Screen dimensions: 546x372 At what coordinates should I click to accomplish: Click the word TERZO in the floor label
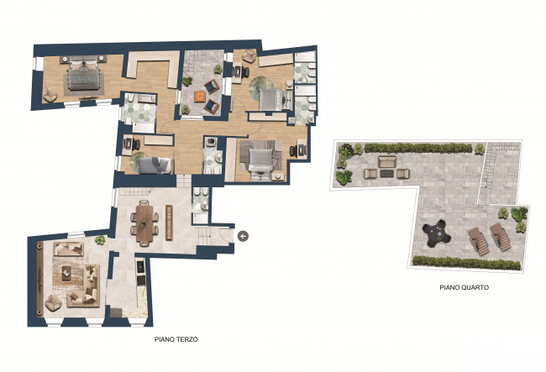[187, 339]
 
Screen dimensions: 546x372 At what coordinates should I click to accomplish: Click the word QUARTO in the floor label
[475, 287]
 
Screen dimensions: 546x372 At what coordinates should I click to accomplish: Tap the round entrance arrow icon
[243, 236]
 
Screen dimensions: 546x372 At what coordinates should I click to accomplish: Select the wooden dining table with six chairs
[144, 223]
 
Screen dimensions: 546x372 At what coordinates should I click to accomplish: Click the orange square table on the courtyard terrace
[200, 97]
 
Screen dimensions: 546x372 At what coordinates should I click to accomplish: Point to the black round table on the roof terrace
[437, 233]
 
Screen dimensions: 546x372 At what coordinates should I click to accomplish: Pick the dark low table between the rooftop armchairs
[386, 173]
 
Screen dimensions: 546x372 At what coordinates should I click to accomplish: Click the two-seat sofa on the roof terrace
[387, 162]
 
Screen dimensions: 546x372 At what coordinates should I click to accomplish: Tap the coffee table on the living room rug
[66, 273]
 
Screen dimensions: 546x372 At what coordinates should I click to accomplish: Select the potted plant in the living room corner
[100, 240]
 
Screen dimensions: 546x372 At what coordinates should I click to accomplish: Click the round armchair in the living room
[53, 302]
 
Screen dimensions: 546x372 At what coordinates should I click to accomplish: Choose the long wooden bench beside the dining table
[169, 223]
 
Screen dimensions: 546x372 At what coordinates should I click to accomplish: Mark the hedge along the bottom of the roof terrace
[466, 263]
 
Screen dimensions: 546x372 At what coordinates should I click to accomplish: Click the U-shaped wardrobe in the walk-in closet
[153, 67]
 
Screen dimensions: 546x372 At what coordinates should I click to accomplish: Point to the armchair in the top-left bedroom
[50, 96]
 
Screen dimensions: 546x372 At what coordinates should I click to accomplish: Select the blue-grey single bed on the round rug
[155, 165]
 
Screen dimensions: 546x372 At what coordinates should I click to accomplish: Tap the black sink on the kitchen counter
[140, 268]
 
